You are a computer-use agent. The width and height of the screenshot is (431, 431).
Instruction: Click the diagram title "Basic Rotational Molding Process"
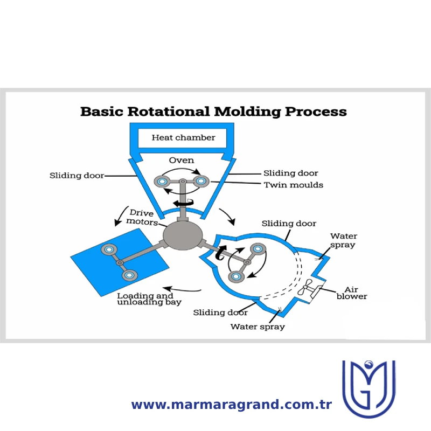(213, 112)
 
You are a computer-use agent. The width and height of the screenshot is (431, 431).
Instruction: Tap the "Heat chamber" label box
(183, 138)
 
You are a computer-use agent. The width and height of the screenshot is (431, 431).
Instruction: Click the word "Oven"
(182, 160)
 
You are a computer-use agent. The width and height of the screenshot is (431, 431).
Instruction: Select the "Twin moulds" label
(294, 185)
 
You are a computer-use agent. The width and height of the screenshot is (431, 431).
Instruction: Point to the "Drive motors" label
(142, 218)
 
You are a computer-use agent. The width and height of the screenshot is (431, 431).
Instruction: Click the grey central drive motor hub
(183, 236)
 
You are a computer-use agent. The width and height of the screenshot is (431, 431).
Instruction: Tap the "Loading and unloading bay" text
(149, 299)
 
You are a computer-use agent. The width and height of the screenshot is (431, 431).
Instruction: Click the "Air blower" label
(352, 293)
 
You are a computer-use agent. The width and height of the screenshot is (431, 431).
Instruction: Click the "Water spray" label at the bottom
(258, 327)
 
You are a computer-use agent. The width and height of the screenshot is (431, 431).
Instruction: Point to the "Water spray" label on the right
(344, 240)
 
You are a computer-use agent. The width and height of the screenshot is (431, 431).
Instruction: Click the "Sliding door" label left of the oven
(77, 176)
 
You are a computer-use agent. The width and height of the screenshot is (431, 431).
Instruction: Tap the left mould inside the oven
(162, 182)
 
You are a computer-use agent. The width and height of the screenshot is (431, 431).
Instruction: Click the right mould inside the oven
(201, 181)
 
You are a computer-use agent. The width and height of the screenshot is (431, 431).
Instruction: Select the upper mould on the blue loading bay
(109, 249)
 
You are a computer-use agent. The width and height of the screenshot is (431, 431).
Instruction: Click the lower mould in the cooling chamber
(236, 276)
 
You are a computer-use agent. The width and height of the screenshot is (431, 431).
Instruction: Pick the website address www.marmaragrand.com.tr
(232, 405)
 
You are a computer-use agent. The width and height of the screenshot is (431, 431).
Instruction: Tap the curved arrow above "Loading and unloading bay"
(182, 289)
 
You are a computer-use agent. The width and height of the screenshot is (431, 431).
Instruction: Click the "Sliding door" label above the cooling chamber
(289, 224)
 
